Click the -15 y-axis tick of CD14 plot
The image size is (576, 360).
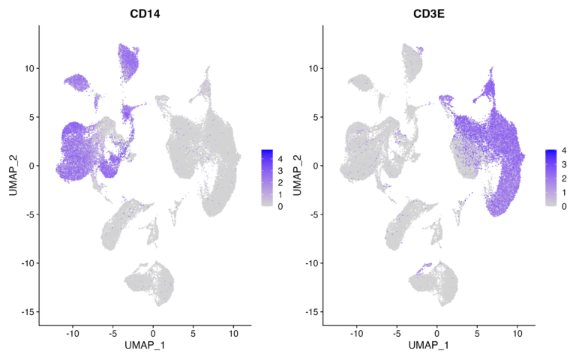click(26, 311)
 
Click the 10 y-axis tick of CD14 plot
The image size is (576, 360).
click(28, 68)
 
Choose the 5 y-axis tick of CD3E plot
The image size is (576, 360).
click(314, 117)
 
